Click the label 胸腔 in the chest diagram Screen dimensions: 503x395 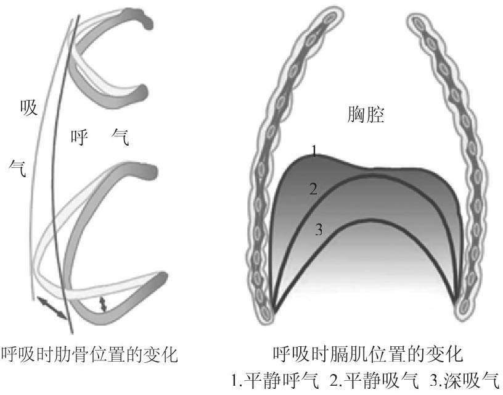pos(364,115)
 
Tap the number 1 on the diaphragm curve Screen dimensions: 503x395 pos(314,151)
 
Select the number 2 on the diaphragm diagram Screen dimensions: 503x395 pos(313,189)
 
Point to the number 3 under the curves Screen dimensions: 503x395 pos(319,230)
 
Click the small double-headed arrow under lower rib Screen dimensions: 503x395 pos(104,303)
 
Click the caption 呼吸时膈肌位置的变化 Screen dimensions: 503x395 pos(367,355)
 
